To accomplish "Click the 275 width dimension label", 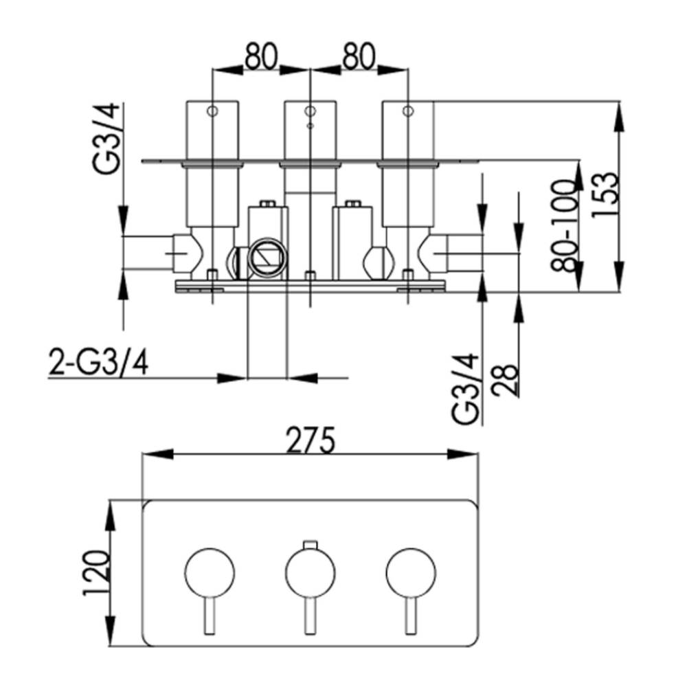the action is pyautogui.click(x=311, y=440).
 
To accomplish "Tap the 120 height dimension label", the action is pyautogui.click(x=95, y=573).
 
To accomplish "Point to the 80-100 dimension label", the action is pyautogui.click(x=564, y=226).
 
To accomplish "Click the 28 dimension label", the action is pyautogui.click(x=505, y=379).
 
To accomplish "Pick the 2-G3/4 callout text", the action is pyautogui.click(x=98, y=362).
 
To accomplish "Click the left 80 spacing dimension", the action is pyautogui.click(x=261, y=56).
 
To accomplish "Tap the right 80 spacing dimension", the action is pyautogui.click(x=359, y=56).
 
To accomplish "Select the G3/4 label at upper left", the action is pyautogui.click(x=106, y=139).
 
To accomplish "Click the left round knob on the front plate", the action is pyautogui.click(x=210, y=573).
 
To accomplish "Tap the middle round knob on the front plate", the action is pyautogui.click(x=311, y=573).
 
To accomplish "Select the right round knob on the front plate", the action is pyautogui.click(x=411, y=573).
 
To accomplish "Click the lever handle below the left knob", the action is pyautogui.click(x=210, y=615).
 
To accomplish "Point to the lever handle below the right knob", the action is pyautogui.click(x=411, y=615).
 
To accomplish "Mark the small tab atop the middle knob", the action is pyautogui.click(x=311, y=545).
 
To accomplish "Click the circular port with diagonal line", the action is pyautogui.click(x=267, y=258).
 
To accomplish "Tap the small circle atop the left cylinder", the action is pyautogui.click(x=212, y=111).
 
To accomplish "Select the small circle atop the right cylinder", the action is pyautogui.click(x=408, y=111).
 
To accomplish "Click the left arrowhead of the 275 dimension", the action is pyautogui.click(x=158, y=454).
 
